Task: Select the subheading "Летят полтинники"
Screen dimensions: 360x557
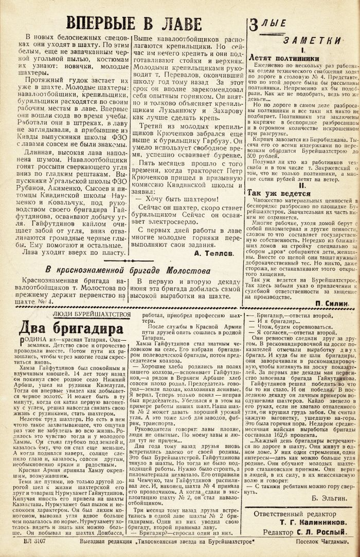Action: point(284,58)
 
